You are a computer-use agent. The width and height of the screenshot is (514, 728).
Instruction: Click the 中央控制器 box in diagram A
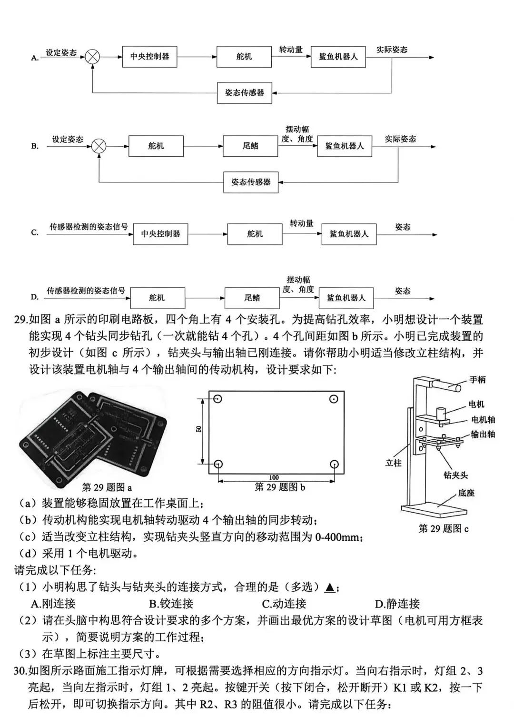149,57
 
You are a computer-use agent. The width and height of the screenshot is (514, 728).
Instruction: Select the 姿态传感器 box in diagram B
251,182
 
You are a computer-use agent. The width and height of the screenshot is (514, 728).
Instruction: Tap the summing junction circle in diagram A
92,57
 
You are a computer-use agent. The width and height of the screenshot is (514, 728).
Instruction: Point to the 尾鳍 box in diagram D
252,298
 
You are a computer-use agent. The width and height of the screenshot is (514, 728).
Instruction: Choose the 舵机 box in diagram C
255,234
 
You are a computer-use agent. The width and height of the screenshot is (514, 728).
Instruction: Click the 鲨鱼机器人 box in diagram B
345,146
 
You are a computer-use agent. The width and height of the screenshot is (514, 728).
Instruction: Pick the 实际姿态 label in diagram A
392,50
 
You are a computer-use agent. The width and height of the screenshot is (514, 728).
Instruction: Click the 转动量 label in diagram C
302,223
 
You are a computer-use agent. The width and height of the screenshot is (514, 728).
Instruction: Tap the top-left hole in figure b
217,399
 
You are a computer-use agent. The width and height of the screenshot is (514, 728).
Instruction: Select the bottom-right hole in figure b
334,464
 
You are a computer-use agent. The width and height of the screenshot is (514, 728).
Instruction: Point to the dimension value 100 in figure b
274,477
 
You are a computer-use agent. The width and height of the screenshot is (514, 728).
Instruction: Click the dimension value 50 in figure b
199,429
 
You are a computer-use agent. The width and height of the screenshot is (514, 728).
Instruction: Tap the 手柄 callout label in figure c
477,380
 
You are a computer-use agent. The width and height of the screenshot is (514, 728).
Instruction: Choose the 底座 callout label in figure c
466,493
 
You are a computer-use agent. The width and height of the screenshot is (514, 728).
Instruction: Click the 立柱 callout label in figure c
393,463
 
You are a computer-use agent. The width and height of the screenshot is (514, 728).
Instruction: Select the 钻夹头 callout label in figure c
455,475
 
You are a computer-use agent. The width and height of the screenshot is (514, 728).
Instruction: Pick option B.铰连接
171,604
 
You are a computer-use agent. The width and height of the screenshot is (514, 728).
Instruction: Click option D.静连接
397,604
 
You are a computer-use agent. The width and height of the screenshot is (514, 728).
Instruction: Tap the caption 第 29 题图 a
107,487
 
